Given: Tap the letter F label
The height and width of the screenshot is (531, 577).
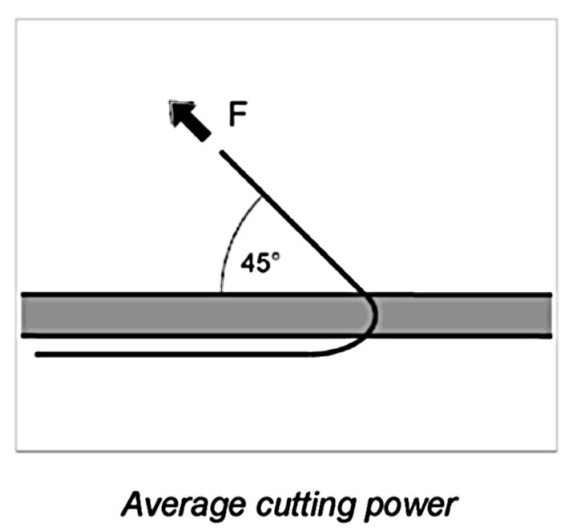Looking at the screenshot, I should [238, 115].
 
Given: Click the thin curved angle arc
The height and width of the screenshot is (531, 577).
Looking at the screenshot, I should [233, 237].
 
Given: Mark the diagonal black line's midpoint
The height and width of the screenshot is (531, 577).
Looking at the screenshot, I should [293, 222].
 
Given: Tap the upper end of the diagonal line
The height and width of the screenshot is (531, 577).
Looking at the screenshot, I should [222, 152].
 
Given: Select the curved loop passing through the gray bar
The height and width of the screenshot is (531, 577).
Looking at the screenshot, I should [371, 315].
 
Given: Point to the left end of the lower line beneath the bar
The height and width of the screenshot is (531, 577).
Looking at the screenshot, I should [38, 353].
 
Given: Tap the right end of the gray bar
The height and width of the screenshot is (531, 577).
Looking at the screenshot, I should [549, 315].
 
